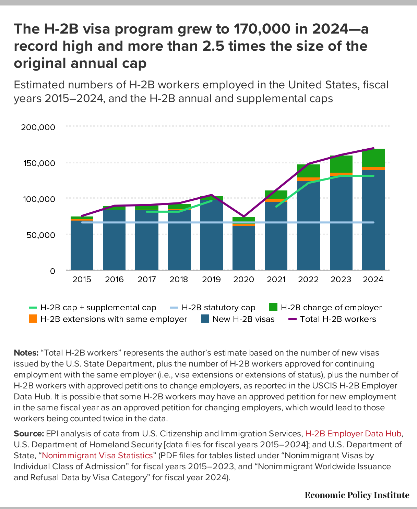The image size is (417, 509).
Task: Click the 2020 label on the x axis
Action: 243,280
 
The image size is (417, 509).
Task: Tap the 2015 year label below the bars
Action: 82,280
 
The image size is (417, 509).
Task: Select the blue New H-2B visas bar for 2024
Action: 373,219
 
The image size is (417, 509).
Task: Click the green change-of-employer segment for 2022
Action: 308,171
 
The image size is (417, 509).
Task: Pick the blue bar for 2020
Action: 243,248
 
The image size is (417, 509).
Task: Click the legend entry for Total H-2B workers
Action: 338,319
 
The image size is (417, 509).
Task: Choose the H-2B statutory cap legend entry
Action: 218,308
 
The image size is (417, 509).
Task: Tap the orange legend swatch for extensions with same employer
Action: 33,319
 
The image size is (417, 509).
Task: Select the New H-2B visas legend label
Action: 243,319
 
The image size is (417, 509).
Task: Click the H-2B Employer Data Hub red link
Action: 353,434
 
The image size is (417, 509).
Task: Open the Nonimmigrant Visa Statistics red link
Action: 97,456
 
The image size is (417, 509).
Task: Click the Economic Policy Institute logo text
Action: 357,495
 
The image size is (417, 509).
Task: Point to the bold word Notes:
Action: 26,353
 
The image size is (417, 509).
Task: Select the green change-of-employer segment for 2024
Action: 373,158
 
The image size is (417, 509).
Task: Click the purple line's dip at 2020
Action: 243,216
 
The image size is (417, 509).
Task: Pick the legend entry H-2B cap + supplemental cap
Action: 98,308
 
